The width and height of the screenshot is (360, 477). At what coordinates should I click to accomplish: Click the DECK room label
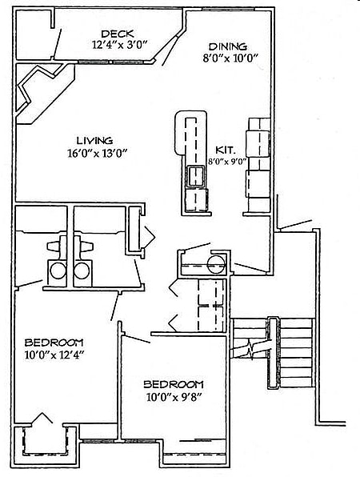(118, 34)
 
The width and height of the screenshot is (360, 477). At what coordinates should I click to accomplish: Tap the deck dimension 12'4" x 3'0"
(119, 45)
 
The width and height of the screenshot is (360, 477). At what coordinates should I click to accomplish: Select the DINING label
(228, 46)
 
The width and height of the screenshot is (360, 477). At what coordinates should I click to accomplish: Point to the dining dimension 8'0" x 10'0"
(230, 58)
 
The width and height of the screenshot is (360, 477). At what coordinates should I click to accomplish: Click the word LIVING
(94, 141)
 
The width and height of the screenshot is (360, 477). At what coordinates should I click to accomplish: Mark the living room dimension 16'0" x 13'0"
(97, 153)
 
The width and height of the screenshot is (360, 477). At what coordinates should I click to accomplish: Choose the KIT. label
(226, 150)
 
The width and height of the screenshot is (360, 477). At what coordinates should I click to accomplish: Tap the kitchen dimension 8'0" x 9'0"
(227, 162)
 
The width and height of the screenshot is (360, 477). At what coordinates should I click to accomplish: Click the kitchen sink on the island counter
(196, 176)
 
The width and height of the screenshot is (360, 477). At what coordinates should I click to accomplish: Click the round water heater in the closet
(217, 264)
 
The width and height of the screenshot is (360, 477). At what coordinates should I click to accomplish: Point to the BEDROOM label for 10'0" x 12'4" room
(54, 343)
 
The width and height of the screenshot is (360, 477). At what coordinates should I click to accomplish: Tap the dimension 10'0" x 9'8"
(174, 397)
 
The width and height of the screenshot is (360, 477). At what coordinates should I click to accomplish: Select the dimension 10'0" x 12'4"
(54, 355)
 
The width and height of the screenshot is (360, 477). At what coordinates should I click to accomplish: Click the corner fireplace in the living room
(45, 94)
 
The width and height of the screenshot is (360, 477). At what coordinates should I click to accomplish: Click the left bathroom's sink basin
(58, 271)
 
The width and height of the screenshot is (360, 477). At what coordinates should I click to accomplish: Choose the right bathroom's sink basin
(82, 271)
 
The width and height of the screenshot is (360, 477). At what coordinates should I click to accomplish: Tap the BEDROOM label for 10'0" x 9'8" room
(174, 384)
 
